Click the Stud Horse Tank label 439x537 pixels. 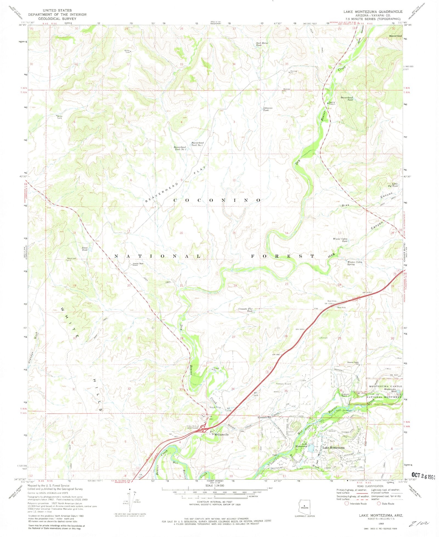tap(262, 44)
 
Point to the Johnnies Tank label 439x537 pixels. tap(268, 109)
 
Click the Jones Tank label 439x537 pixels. tap(85, 249)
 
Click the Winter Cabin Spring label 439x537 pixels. tap(354, 263)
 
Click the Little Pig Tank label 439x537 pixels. tap(395, 185)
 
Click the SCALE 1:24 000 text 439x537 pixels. tap(215, 485)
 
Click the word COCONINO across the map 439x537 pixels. tap(217, 200)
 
